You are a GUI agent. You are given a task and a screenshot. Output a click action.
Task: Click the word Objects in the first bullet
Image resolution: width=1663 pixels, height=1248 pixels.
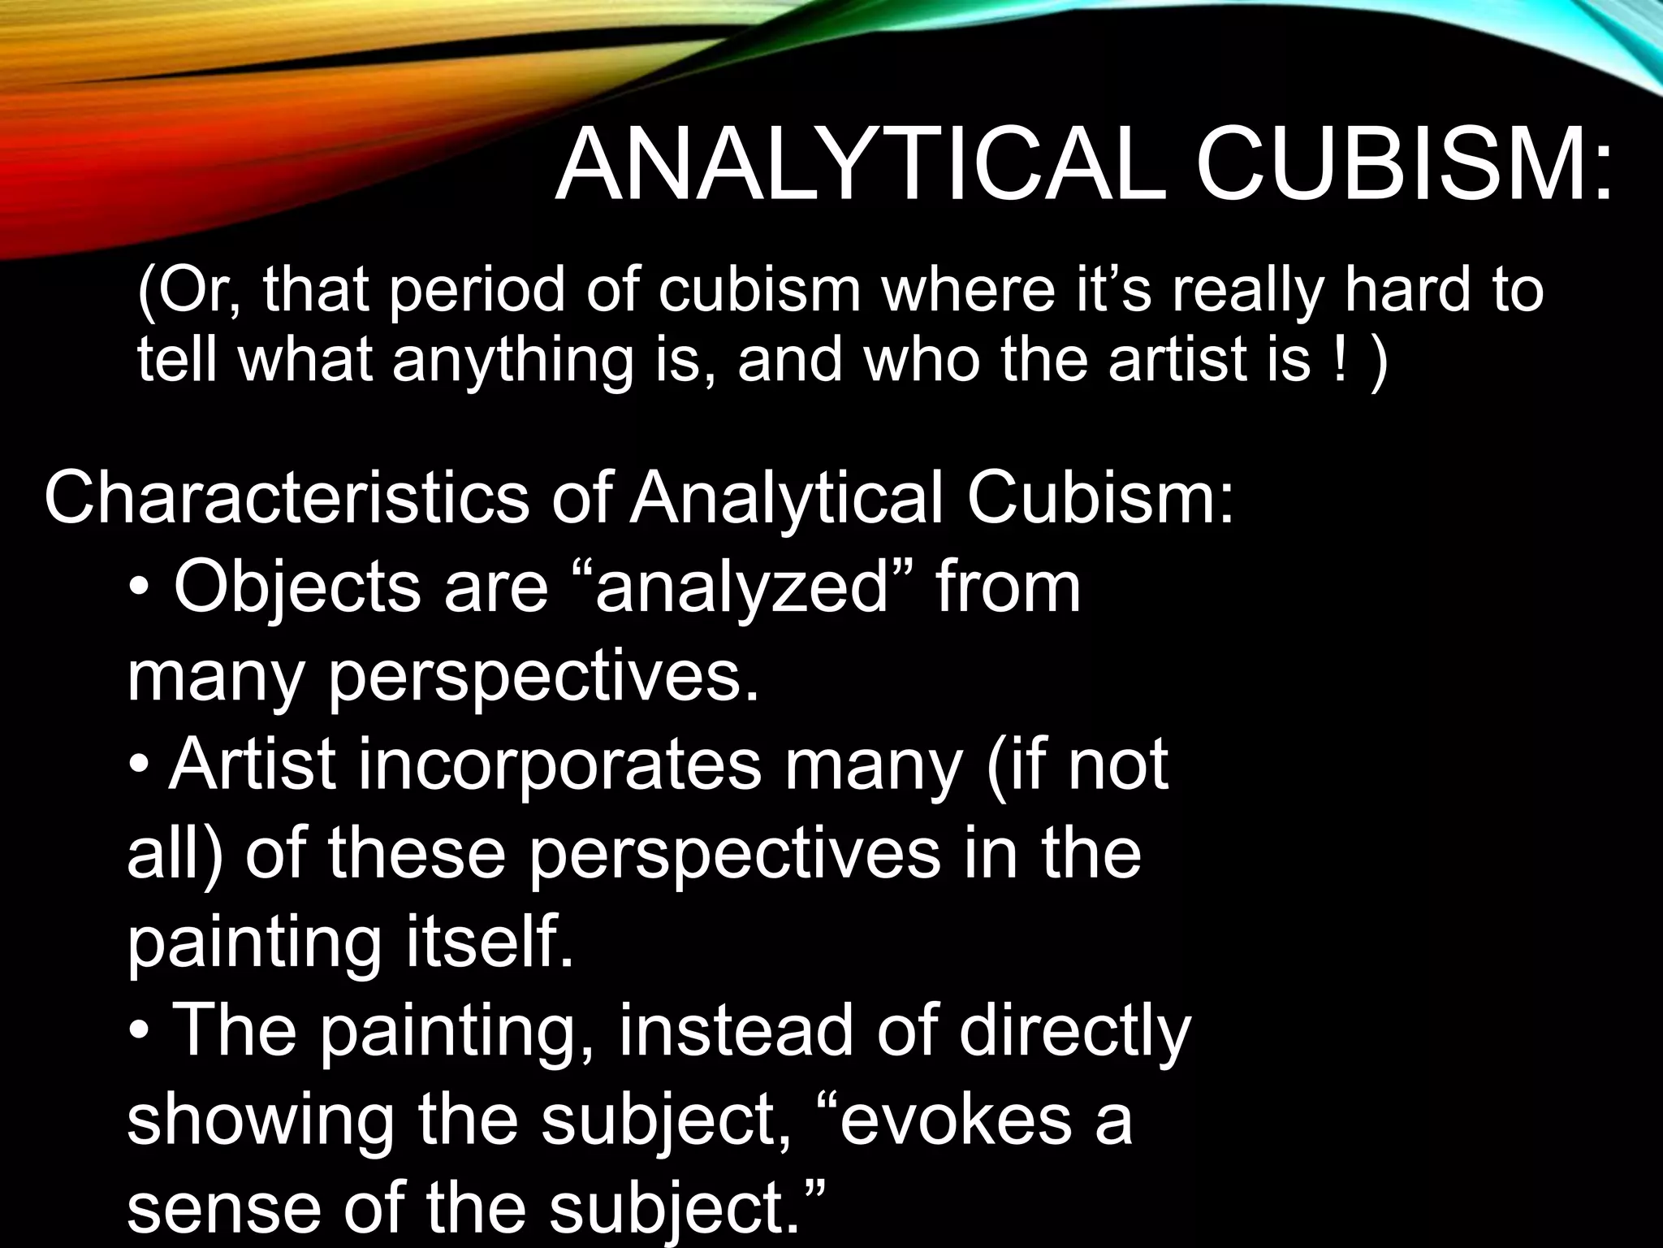(297, 587)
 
